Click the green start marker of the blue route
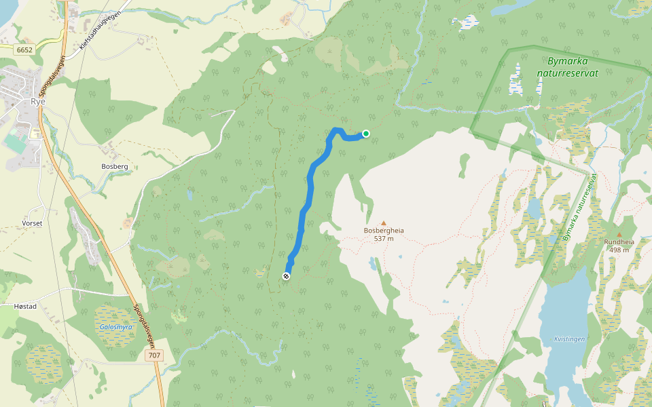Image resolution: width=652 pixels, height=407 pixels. (x=366, y=134)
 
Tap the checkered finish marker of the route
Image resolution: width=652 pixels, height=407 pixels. (x=286, y=276)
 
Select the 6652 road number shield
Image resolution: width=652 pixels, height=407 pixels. (x=25, y=50)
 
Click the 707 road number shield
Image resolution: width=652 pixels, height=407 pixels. (x=154, y=355)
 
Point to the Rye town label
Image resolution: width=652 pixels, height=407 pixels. (x=38, y=102)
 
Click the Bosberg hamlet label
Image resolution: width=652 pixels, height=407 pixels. (x=114, y=166)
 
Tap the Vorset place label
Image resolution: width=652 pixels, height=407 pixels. (x=31, y=222)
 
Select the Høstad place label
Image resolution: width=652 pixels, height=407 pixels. (x=25, y=307)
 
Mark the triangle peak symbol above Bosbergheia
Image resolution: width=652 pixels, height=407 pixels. (x=383, y=222)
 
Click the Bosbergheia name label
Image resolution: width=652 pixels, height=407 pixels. (x=384, y=231)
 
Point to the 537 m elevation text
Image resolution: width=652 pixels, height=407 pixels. (x=384, y=239)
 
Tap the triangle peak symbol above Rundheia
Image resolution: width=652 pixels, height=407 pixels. (x=619, y=234)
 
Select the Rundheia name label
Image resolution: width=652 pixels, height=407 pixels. (x=619, y=241)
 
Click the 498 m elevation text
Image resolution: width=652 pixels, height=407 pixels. (x=619, y=250)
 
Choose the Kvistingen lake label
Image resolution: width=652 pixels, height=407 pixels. (x=568, y=338)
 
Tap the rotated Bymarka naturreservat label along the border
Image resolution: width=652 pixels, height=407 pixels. (x=579, y=208)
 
